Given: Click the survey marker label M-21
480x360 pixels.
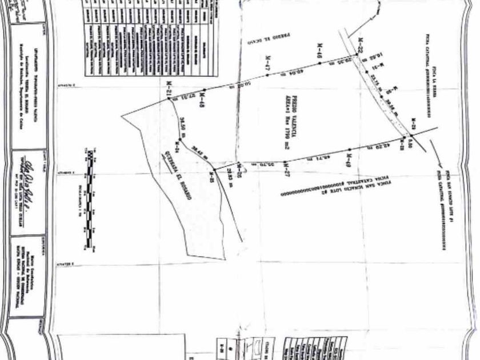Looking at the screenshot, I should (169, 93).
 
